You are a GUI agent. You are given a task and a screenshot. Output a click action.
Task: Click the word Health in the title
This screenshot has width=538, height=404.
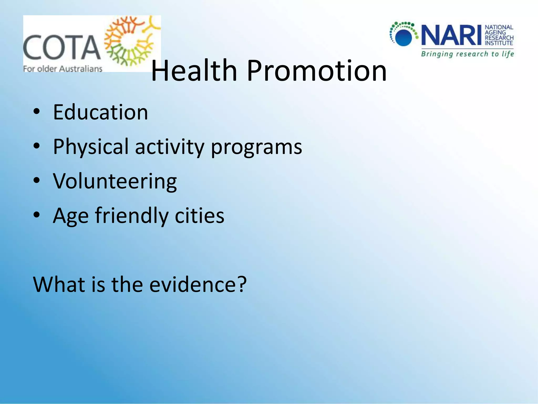coord(194,70)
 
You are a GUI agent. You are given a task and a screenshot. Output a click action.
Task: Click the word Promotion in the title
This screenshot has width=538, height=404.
coord(317,70)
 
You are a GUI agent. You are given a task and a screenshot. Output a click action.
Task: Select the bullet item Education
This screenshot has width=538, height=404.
coord(100,112)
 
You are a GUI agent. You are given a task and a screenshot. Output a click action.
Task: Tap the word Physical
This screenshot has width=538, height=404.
coord(91,147)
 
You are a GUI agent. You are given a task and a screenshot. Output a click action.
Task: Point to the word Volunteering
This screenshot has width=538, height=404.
coord(115,181)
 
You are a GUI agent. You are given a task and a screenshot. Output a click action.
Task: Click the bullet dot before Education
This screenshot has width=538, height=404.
coord(37,112)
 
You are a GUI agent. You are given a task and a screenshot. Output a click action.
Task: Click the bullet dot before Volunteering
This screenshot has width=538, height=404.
coord(37,181)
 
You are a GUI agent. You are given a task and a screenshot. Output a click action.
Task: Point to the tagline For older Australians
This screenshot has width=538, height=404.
coord(63,69)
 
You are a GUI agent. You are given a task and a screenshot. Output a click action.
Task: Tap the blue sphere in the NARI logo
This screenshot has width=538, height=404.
coord(403,38)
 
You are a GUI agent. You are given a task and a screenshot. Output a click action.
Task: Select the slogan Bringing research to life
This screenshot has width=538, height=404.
coord(467,54)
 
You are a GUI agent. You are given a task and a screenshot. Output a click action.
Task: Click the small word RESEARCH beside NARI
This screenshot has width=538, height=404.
coord(499,38)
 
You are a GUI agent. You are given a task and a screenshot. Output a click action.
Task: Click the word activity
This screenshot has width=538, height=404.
coord(169,147)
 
